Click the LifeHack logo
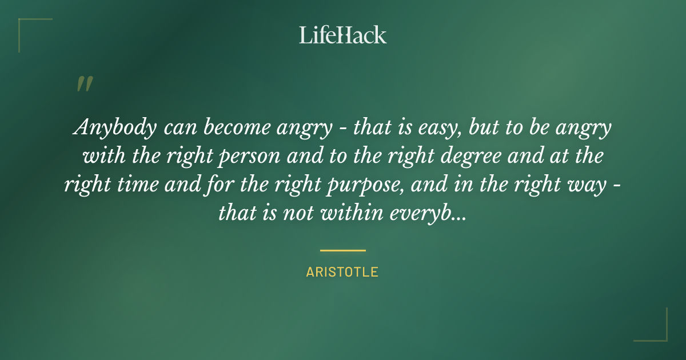pos(342,35)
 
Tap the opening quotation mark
pos(84,84)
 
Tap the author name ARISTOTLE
pos(342,272)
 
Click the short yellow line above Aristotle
pos(342,250)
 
